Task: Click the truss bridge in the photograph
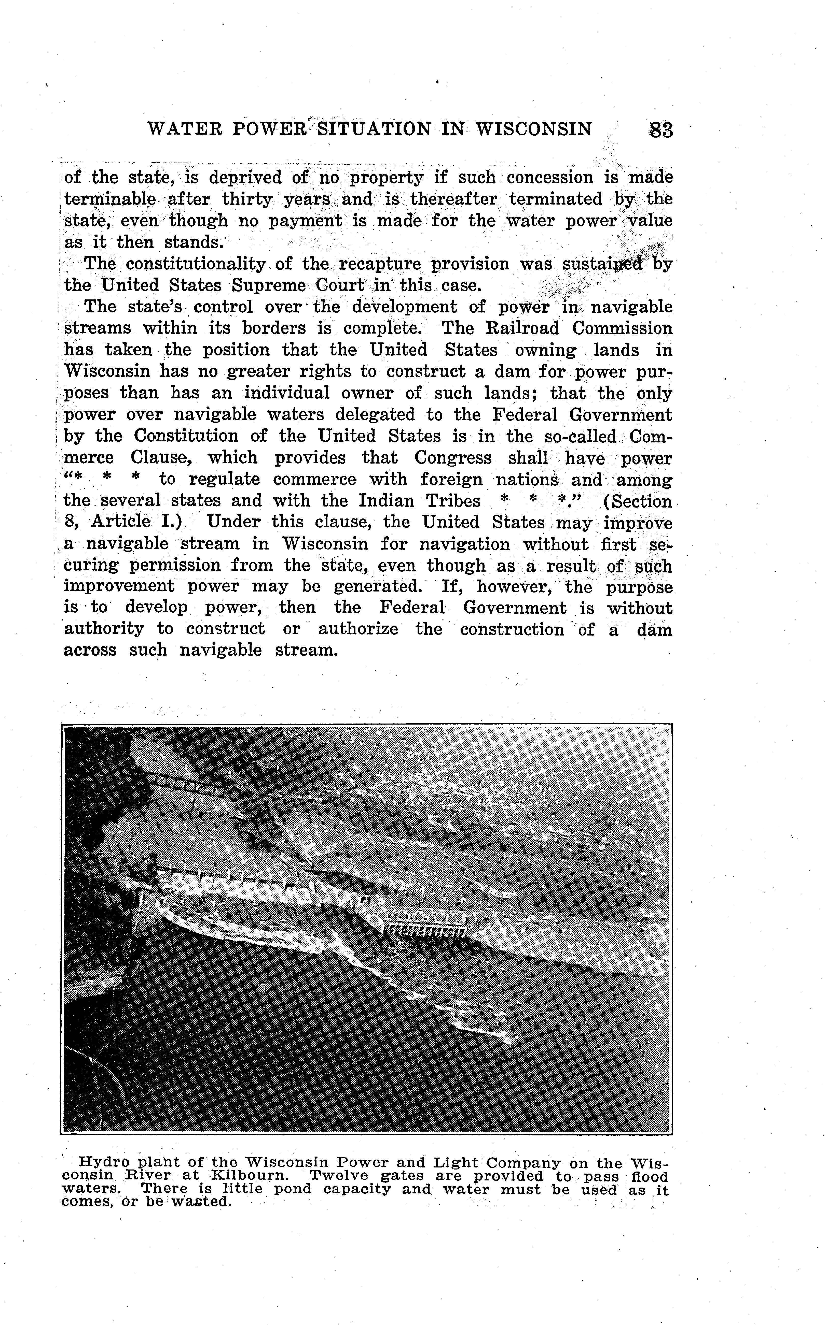pos(175,784)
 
